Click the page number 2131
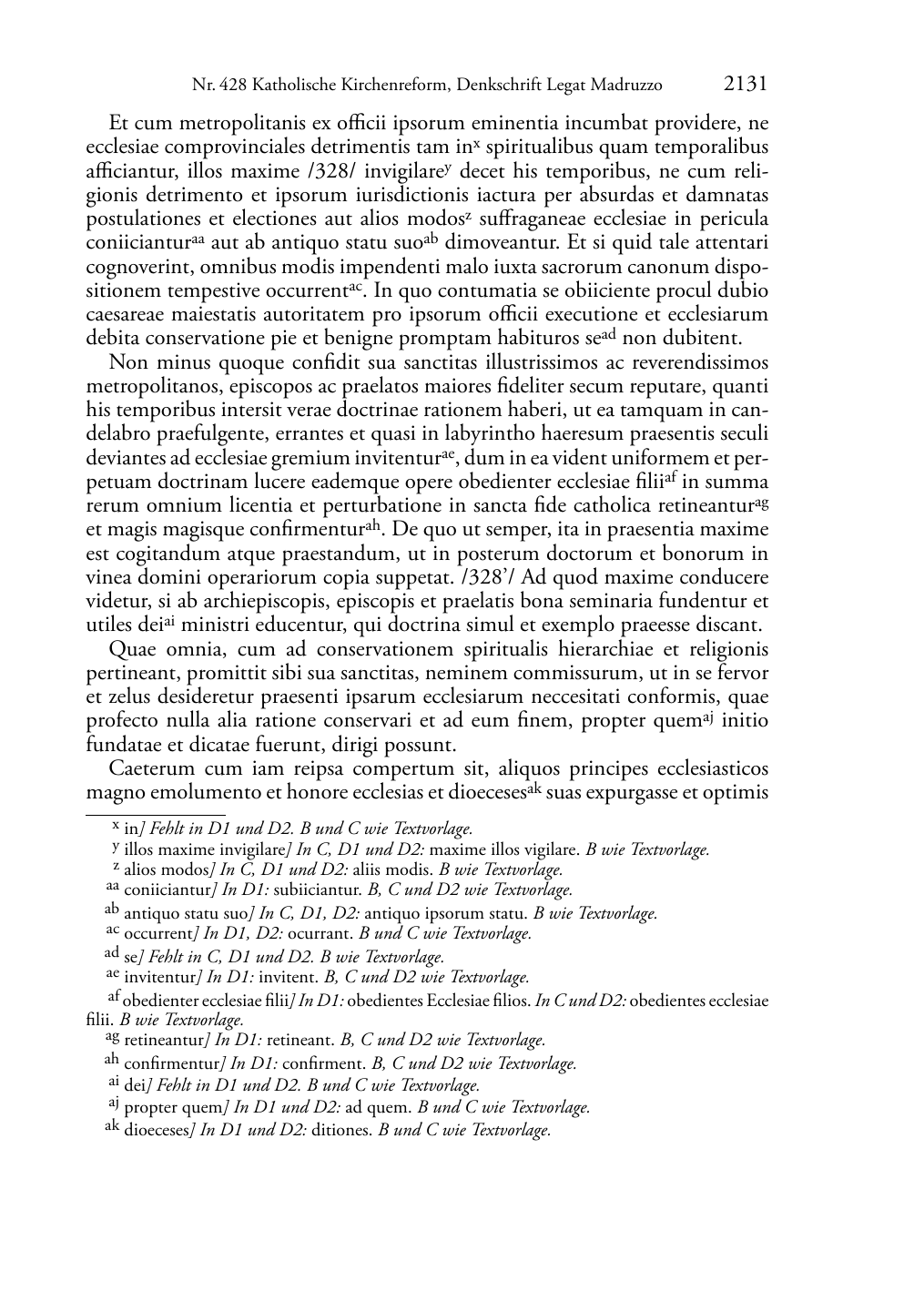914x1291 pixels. point(746,85)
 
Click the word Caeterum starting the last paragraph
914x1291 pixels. point(149,768)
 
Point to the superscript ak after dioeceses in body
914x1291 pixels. point(534,787)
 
